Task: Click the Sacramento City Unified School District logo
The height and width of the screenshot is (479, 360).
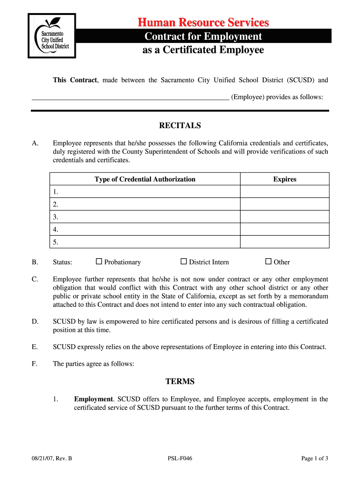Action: coord(51,36)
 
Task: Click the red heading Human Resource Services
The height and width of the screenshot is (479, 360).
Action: coord(203,22)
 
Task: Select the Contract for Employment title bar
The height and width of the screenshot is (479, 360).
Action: coord(203,36)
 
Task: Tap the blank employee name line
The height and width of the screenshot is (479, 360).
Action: coord(130,97)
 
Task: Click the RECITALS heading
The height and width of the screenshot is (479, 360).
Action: coord(180,125)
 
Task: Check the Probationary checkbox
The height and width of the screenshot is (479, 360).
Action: coord(99,261)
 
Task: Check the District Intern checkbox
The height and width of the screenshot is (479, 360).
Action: coord(184,261)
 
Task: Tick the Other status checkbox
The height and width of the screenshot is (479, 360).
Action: coord(268,261)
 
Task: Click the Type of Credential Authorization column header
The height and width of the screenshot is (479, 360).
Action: coord(145,179)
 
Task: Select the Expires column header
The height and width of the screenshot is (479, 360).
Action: coord(285,179)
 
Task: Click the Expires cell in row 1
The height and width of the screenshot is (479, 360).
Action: coord(285,192)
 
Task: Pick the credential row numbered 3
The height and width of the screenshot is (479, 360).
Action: coord(145,217)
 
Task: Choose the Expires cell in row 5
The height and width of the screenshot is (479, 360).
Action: coord(285,242)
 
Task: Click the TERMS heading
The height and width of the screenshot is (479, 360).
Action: coord(180,381)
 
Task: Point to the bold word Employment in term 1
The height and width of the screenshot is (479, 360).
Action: coord(94,399)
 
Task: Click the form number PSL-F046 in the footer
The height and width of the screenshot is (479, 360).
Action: coord(180,458)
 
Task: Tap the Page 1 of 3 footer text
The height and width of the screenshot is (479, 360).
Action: coord(315,458)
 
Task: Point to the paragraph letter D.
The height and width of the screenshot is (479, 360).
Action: coord(35,321)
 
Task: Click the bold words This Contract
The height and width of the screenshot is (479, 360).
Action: coord(75,80)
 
